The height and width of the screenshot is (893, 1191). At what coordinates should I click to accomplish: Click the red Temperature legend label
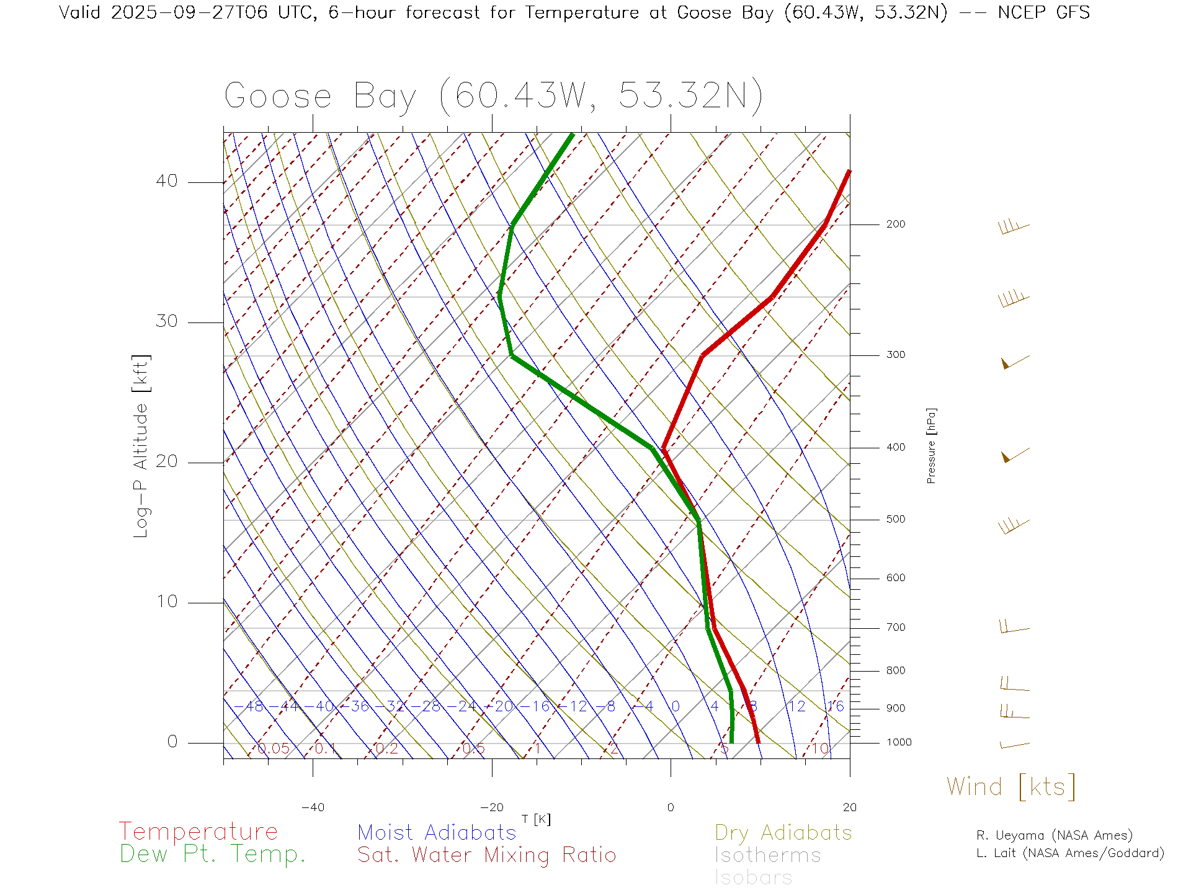198,832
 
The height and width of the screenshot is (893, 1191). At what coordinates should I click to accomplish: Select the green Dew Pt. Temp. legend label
213,855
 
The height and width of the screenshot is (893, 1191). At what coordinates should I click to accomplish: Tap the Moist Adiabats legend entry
437,832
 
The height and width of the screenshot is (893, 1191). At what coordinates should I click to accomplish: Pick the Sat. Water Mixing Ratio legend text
487,855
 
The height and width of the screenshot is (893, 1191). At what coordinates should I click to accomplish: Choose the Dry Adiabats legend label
783,832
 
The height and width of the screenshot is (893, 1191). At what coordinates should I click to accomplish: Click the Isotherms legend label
768,855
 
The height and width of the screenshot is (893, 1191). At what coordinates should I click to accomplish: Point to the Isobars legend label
754,877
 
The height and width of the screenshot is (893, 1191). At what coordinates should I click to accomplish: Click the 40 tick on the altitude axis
166,181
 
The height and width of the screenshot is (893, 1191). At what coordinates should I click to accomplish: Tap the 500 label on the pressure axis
896,519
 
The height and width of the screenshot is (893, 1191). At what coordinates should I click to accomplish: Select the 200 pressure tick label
896,224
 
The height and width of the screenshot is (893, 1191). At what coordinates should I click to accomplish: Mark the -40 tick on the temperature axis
313,807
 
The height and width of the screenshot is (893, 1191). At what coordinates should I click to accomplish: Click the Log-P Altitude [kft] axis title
141,446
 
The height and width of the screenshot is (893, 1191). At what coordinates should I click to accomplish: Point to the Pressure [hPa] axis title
931,446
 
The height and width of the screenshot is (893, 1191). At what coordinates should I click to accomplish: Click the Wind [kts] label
1011,787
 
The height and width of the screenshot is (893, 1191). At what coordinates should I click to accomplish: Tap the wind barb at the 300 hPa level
1015,362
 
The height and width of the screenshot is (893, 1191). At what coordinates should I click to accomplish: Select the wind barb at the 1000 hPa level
1015,745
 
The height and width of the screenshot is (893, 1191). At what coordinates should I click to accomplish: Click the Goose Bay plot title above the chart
493,96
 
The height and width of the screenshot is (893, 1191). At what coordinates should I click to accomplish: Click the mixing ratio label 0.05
274,749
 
